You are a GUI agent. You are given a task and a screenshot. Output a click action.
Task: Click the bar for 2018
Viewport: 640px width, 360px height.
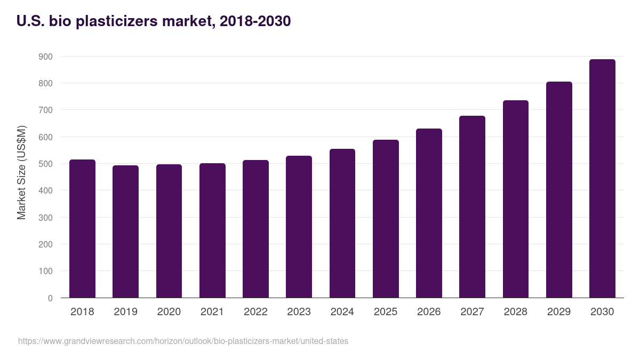click(x=82, y=229)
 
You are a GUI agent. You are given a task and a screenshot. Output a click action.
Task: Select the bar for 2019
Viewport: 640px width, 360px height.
click(x=125, y=231)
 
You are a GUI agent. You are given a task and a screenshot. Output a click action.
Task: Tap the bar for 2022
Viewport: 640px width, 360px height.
click(x=255, y=229)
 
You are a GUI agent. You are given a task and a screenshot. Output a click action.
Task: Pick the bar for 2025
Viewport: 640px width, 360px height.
click(x=386, y=219)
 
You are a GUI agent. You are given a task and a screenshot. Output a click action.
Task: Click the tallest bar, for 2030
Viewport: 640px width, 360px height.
click(x=602, y=179)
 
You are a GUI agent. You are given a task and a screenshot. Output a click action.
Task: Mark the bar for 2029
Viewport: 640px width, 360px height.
click(x=559, y=190)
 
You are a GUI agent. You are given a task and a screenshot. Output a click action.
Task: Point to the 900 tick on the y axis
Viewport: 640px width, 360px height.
click(x=45, y=57)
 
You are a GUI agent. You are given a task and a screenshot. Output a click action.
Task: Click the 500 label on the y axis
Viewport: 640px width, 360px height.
click(x=45, y=164)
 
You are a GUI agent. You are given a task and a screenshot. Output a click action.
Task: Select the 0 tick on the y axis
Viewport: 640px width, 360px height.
click(x=50, y=298)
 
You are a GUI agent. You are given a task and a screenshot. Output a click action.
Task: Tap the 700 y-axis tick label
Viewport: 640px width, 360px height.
click(x=45, y=110)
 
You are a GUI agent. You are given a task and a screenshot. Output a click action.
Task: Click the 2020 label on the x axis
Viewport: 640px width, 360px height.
click(x=169, y=312)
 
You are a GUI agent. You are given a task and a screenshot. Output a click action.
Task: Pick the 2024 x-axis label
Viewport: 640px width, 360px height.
click(x=342, y=312)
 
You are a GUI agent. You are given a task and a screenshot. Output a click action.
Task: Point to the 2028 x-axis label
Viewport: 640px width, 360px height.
click(x=515, y=312)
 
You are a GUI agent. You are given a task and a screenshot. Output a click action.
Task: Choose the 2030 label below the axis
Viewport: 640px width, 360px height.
click(x=602, y=312)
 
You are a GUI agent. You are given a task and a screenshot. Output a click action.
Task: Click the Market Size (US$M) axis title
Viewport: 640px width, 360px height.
click(x=21, y=173)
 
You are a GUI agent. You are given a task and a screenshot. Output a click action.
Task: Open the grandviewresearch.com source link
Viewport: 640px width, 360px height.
click(x=183, y=341)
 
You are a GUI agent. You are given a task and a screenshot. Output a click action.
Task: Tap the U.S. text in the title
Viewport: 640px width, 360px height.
click(x=30, y=21)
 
